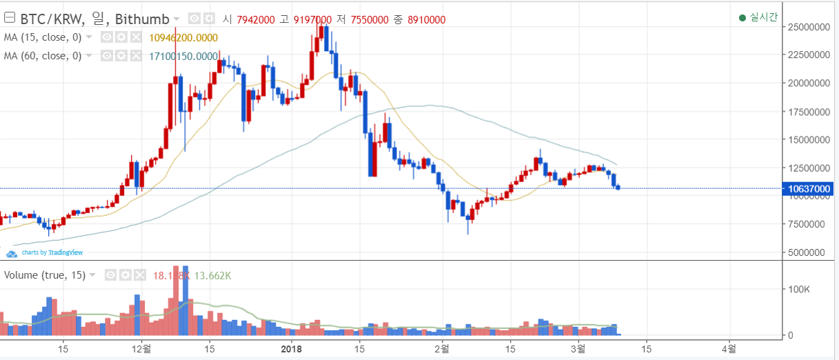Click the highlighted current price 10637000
tap(809, 188)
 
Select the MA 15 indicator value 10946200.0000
tap(183, 37)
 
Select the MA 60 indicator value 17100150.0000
tap(183, 56)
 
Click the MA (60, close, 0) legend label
tap(43, 56)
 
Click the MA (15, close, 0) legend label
tap(43, 37)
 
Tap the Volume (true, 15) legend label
tap(45, 275)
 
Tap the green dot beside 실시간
tap(742, 18)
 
